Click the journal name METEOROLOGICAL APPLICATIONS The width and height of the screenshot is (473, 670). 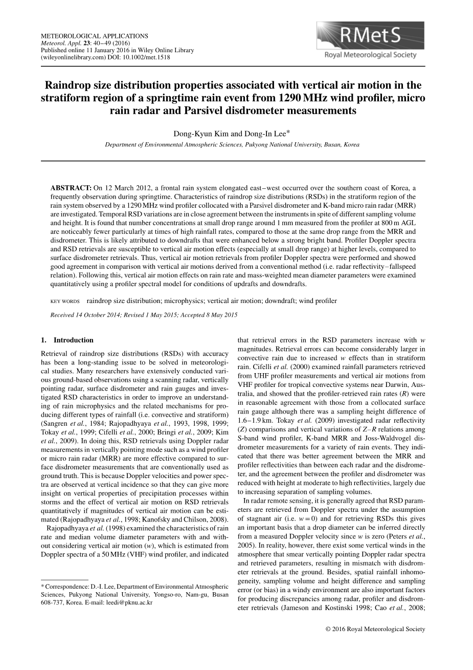coord(94,36)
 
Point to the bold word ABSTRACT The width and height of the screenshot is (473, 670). coord(71,188)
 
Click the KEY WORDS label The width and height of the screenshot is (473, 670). coord(64,301)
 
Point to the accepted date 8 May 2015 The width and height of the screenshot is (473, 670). coord(222,315)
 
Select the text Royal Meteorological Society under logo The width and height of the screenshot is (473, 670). coord(371,55)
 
